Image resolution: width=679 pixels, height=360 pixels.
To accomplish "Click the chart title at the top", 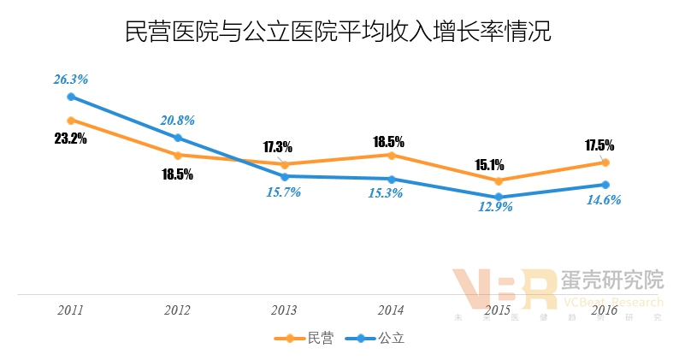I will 339,34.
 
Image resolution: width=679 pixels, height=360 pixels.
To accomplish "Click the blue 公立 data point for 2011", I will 71,97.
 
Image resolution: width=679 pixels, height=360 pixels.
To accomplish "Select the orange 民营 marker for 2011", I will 71,121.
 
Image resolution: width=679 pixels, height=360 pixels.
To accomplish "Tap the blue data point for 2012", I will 178,138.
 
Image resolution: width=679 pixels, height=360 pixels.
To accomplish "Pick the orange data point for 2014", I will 392,155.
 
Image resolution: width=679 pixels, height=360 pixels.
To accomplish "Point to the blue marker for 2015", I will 499,198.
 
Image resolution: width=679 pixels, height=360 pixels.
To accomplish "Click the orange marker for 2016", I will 605,162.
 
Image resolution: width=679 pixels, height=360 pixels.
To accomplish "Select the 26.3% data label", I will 71,80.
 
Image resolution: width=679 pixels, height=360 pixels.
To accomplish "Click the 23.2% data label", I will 71,139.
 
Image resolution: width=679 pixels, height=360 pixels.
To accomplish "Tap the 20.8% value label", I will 178,121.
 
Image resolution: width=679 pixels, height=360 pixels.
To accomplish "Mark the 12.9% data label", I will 495,207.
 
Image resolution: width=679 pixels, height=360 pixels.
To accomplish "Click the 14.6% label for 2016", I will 604,200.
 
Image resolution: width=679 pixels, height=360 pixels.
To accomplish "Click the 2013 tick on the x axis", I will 285,310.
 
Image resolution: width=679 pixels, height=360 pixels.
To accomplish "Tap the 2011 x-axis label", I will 71,310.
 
